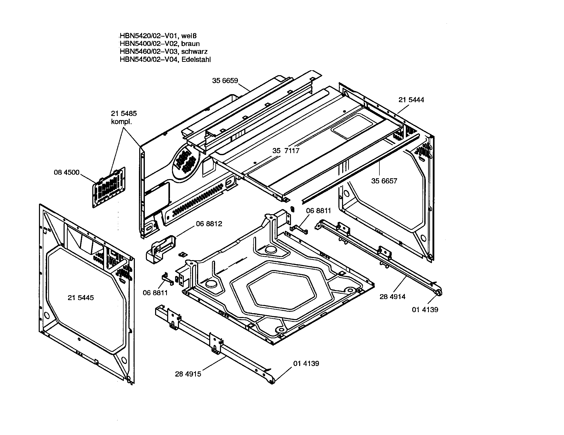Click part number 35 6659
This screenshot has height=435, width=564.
[x=225, y=81]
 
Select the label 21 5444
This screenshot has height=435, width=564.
[x=411, y=100]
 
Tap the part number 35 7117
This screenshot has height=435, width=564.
[x=286, y=151]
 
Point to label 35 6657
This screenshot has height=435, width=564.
[x=384, y=181]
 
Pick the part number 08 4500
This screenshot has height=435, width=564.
[x=66, y=172]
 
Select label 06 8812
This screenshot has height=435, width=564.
[x=209, y=224]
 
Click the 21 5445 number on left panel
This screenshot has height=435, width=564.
[x=80, y=298]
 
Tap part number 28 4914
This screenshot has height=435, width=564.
[x=392, y=296]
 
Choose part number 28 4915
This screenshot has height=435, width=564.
[x=188, y=374]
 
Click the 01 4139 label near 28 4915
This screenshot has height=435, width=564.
[x=306, y=363]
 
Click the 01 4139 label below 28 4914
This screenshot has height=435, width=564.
[x=425, y=310]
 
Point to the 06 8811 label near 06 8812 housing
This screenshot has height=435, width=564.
[x=155, y=293]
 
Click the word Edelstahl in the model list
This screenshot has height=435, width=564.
[x=196, y=60]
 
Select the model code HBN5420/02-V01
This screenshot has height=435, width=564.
[x=149, y=36]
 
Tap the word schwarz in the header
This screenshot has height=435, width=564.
[x=194, y=52]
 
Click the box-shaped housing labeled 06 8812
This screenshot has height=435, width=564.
[x=160, y=250]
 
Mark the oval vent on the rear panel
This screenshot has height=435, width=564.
[x=186, y=162]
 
